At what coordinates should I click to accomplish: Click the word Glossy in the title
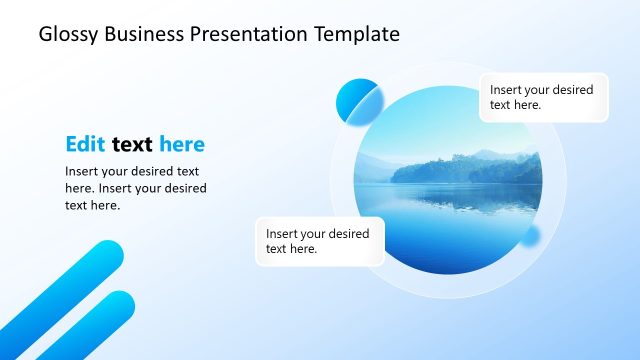click(67, 35)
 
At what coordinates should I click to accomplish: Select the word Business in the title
click(140, 35)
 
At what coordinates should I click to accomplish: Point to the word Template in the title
click(358, 35)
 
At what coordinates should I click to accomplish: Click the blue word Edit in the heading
click(86, 144)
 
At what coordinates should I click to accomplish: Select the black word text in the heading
click(132, 144)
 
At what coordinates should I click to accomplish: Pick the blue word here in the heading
click(181, 144)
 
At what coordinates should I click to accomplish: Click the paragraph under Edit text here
click(135, 188)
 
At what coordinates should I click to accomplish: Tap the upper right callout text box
click(543, 97)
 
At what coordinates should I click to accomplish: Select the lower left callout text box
click(319, 241)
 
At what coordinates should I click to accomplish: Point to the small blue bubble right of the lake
click(529, 236)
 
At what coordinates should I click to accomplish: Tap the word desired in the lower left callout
click(348, 234)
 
